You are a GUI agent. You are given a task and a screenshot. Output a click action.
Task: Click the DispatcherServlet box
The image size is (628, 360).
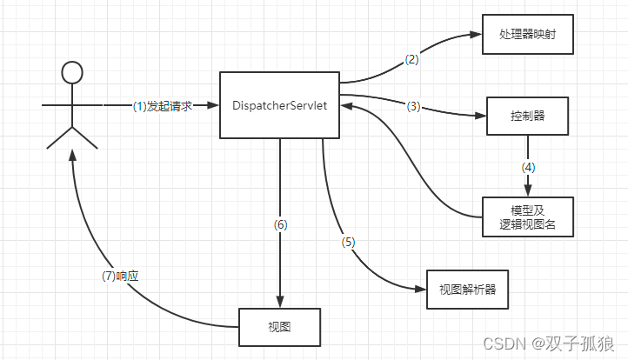click(x=279, y=104)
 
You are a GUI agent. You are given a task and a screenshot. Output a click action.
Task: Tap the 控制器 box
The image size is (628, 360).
click(x=527, y=115)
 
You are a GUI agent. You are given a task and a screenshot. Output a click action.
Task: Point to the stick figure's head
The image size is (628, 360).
click(x=73, y=72)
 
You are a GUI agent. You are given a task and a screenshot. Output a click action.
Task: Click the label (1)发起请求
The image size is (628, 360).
click(x=161, y=105)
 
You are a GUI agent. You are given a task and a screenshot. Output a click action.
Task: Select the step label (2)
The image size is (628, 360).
click(x=412, y=60)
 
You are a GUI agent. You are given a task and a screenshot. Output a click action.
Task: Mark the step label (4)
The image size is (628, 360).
click(x=527, y=165)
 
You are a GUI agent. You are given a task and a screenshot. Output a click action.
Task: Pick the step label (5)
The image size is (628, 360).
click(x=349, y=242)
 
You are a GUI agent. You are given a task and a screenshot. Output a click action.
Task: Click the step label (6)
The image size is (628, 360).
click(x=279, y=224)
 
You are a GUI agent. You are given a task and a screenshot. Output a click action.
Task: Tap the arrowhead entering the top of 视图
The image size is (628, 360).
click(x=279, y=302)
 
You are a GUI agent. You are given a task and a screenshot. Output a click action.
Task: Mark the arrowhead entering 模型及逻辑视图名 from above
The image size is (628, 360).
click(x=527, y=191)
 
